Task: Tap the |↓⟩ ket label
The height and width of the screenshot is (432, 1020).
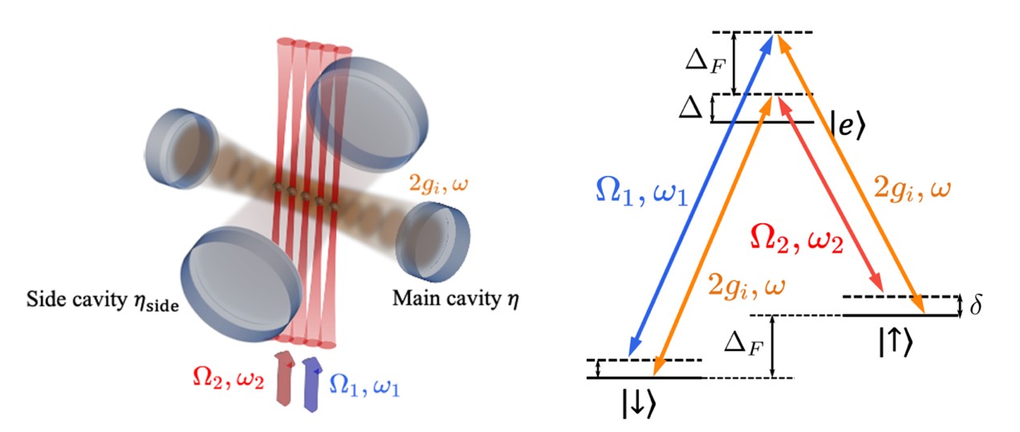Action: point(639,404)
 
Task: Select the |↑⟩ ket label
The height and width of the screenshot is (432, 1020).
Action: point(895,342)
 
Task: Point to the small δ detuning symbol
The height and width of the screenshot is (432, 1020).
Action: point(975,305)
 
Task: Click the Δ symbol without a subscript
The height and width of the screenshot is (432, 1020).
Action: point(690,108)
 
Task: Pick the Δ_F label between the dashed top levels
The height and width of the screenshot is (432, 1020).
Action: point(705,60)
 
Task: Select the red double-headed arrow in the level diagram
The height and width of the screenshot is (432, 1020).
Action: point(830,194)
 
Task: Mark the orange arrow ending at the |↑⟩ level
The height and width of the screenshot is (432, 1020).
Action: point(850,174)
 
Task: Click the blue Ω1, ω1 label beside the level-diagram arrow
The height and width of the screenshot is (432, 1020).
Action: point(641,192)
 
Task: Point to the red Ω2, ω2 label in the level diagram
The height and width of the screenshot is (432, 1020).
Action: point(797,238)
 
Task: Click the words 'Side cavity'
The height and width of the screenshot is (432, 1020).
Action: point(77,300)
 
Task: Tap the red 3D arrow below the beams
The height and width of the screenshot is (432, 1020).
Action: point(285,377)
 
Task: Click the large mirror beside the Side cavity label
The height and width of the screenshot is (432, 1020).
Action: point(241,284)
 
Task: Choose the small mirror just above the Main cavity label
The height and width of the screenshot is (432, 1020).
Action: point(432,242)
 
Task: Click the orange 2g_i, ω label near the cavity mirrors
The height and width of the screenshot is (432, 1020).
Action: point(439,185)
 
